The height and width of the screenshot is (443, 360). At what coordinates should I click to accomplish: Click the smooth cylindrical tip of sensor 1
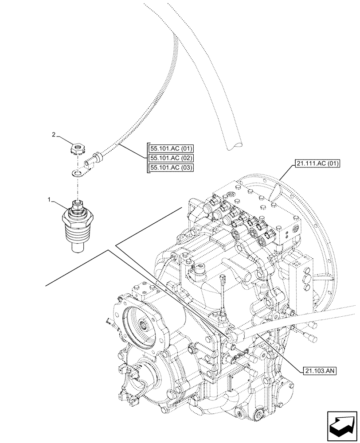[x=78, y=246]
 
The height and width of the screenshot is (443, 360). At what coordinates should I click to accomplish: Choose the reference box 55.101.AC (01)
[x=168, y=149]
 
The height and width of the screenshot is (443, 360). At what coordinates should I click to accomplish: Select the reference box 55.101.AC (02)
[x=168, y=158]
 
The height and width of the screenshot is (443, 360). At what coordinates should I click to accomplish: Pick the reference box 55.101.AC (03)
[x=168, y=167]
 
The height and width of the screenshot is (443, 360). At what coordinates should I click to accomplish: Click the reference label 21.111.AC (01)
[x=316, y=163]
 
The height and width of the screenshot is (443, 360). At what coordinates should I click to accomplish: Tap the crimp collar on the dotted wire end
[x=95, y=157]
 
